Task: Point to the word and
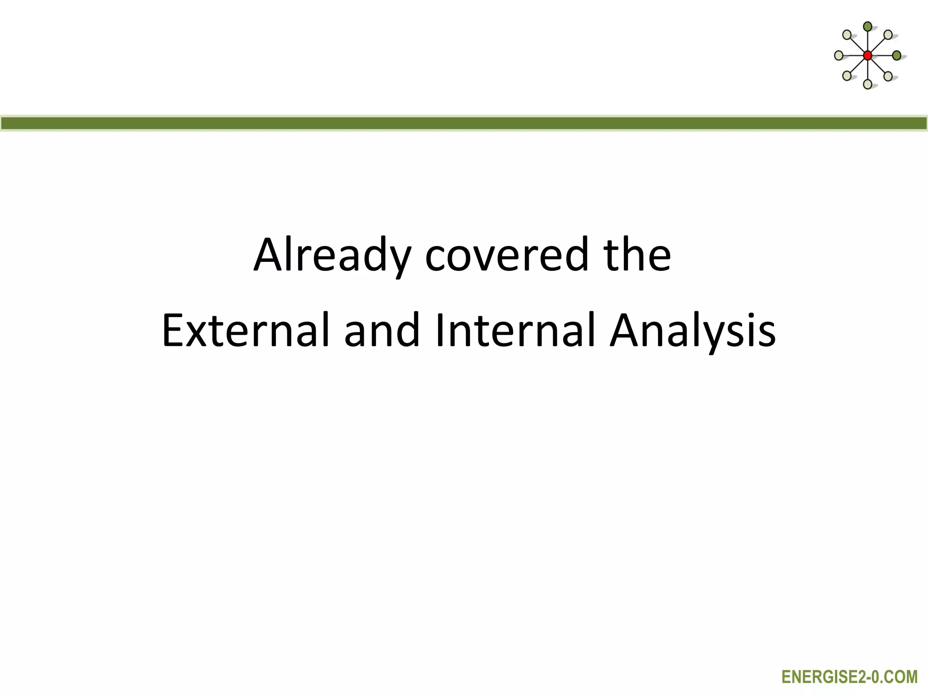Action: [382, 331]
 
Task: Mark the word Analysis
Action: [692, 331]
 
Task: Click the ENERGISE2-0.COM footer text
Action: [850, 677]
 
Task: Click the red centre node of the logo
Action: [867, 56]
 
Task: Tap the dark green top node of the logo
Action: [867, 26]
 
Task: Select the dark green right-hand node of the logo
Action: [896, 56]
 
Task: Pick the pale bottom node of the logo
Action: [867, 84]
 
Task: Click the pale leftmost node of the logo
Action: [839, 56]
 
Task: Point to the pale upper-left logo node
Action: [847, 35]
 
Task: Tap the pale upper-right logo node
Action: [888, 34]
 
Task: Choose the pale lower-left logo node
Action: [847, 76]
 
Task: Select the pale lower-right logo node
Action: [888, 76]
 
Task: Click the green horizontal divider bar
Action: [464, 123]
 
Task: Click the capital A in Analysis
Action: [627, 331]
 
